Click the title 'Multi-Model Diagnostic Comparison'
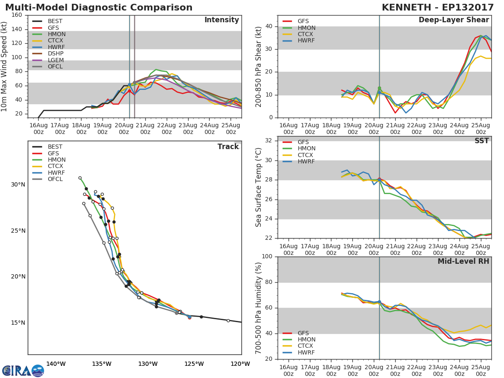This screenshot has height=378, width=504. pyautogui.click(x=99, y=8)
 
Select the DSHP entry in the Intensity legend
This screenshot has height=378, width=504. pyautogui.click(x=55, y=54)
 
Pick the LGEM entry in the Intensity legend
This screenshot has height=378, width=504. pyautogui.click(x=55, y=60)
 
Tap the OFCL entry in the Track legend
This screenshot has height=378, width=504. pyautogui.click(x=55, y=179)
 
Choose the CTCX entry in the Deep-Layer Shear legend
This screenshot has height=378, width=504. pyautogui.click(x=306, y=34)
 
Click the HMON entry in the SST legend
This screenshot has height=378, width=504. pyautogui.click(x=306, y=149)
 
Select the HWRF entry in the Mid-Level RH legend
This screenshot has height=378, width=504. pyautogui.click(x=306, y=353)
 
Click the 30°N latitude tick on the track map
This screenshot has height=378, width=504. pyautogui.click(x=18, y=185)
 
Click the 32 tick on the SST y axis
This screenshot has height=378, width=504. pyautogui.click(x=268, y=141)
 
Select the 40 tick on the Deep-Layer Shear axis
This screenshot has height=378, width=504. pyautogui.click(x=268, y=26)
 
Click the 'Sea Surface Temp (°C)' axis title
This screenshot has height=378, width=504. pyautogui.click(x=259, y=187)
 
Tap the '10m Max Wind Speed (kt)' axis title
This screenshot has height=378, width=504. pyautogui.click(x=5, y=66)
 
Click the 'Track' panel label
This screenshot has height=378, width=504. pyautogui.click(x=228, y=147)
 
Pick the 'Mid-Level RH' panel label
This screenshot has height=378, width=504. pyautogui.click(x=463, y=261)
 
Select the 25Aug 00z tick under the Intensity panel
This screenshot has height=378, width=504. pyautogui.click(x=231, y=129)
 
